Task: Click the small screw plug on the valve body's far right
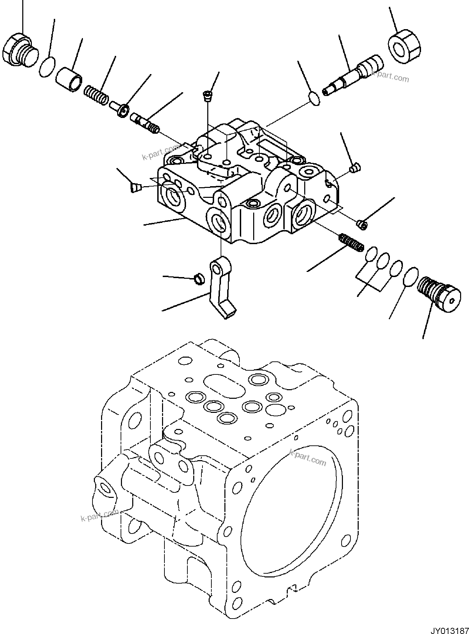(355, 168)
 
